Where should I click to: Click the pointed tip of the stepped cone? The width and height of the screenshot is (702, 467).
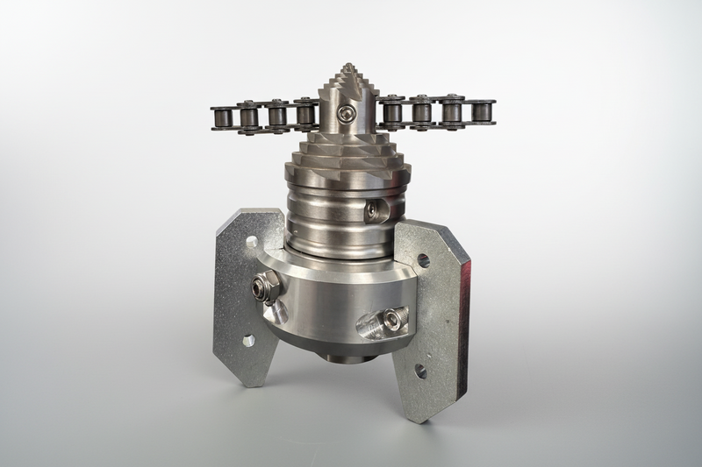(x=350, y=66)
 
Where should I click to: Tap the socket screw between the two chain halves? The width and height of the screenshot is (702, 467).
(x=349, y=113)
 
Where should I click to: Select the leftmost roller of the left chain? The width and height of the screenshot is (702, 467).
(x=221, y=116)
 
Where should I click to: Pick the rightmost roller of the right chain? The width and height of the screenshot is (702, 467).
(x=482, y=112)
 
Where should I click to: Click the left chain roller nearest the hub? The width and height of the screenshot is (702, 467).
(x=306, y=114)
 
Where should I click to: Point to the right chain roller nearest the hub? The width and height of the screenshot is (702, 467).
(x=392, y=112)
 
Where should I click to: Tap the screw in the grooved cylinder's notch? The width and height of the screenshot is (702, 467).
(x=375, y=210)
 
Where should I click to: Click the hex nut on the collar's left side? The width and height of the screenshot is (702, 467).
(x=265, y=286)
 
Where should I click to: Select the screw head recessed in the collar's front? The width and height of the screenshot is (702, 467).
(x=391, y=320)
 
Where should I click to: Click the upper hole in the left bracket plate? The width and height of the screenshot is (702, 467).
(x=252, y=241)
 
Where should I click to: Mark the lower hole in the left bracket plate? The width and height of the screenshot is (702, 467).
(x=248, y=340)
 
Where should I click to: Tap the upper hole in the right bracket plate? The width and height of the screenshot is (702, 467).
(x=423, y=260)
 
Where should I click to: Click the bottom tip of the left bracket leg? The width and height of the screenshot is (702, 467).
(x=249, y=383)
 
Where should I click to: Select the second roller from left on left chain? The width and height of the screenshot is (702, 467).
(x=249, y=115)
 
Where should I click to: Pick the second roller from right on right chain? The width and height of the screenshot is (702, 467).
(x=453, y=112)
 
